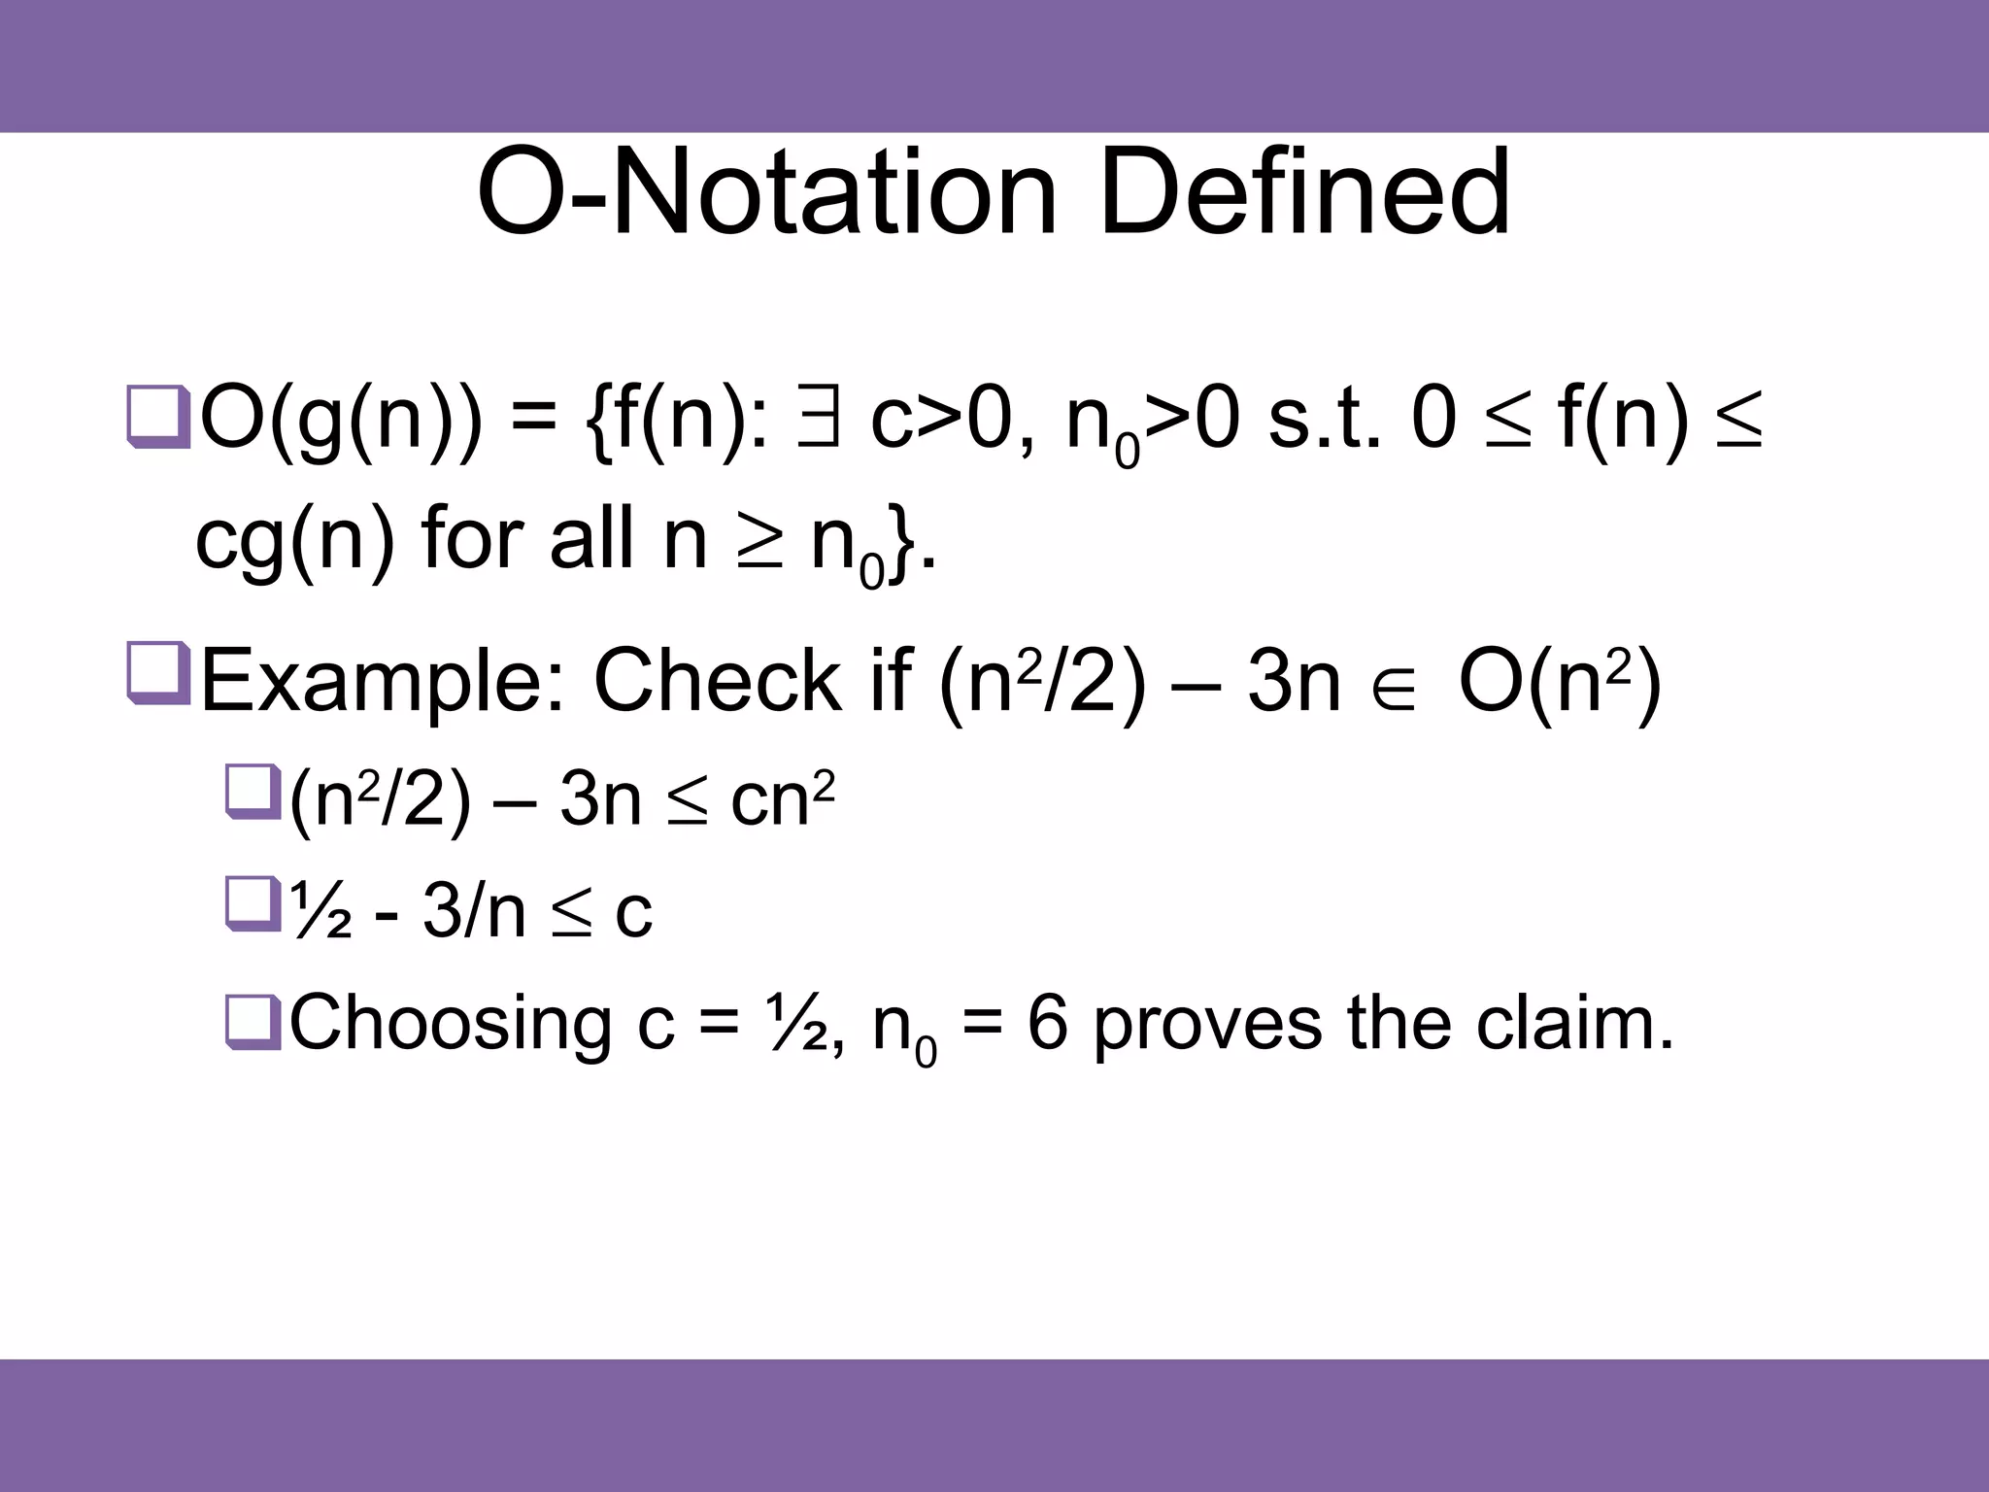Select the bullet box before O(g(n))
(157, 419)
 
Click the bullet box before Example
(157, 673)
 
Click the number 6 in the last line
(1047, 1024)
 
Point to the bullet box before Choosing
(252, 1022)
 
